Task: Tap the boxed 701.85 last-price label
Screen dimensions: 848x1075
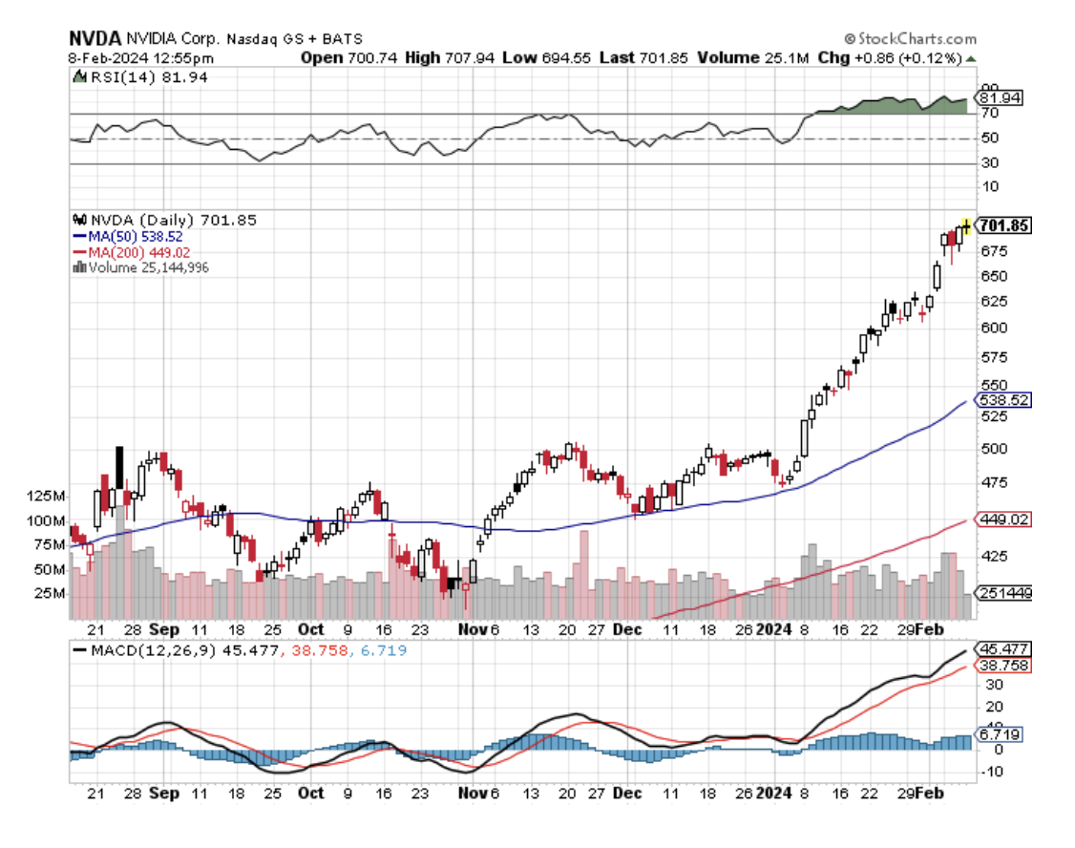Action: pyautogui.click(x=1003, y=225)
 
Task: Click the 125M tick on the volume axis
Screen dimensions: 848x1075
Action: pyautogui.click(x=45, y=497)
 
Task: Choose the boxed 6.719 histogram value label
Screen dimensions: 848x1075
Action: pyautogui.click(x=999, y=735)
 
